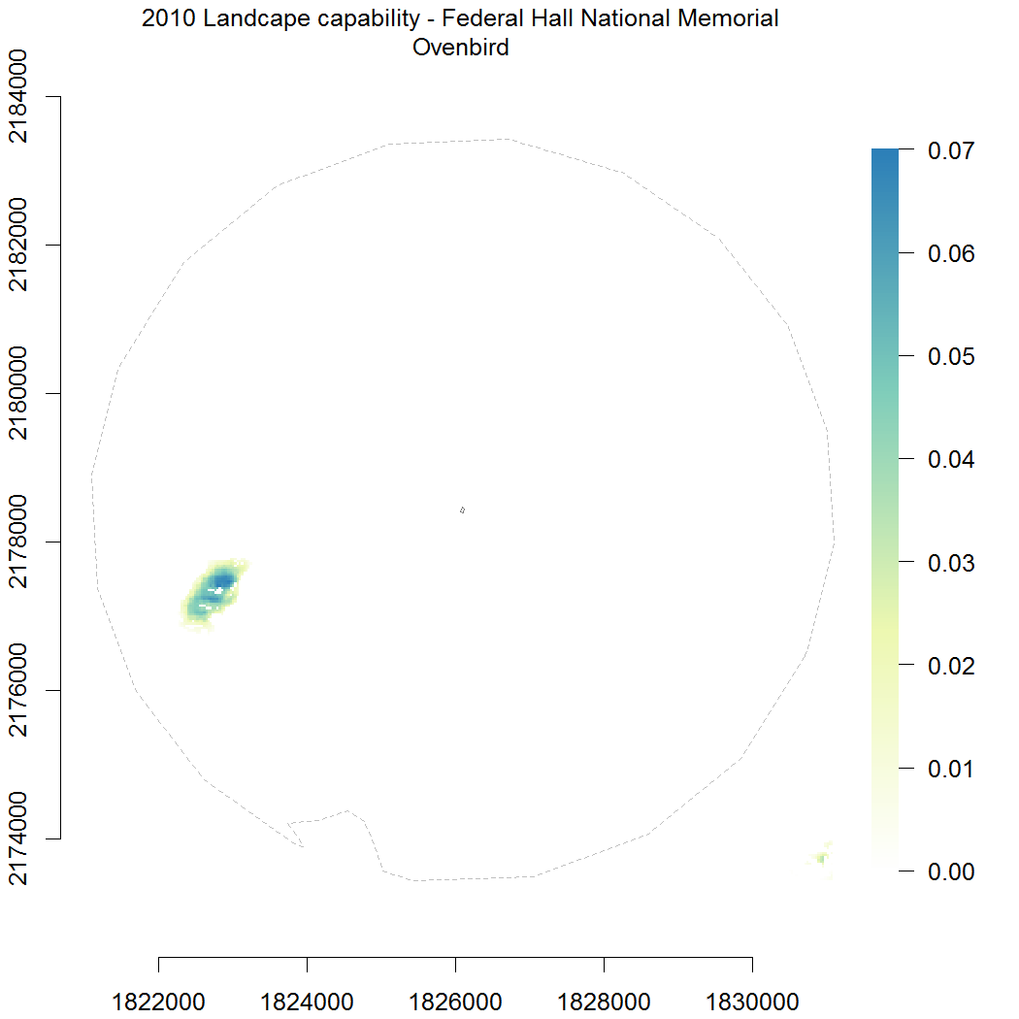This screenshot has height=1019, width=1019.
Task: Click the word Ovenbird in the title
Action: click(x=460, y=47)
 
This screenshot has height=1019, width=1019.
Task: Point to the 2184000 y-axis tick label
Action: click(x=21, y=97)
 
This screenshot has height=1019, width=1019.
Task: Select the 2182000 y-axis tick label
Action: click(x=21, y=246)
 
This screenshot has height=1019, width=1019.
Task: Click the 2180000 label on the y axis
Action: click(x=21, y=394)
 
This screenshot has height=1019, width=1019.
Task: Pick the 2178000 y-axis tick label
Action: click(x=21, y=542)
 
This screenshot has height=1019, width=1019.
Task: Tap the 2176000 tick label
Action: click(x=21, y=690)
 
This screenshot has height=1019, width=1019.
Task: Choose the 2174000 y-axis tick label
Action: click(x=21, y=838)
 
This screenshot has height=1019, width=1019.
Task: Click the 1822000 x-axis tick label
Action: click(x=158, y=1001)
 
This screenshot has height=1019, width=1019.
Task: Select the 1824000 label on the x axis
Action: click(x=307, y=1001)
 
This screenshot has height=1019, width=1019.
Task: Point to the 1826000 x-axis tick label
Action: click(x=455, y=1001)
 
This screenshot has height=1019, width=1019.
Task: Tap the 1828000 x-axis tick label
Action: click(x=604, y=1001)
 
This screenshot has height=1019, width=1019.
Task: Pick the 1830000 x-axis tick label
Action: click(x=752, y=1001)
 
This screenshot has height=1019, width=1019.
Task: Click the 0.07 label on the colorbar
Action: click(x=951, y=150)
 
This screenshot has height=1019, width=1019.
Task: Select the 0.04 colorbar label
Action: click(x=951, y=459)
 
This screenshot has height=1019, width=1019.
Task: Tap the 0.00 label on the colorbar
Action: click(x=951, y=871)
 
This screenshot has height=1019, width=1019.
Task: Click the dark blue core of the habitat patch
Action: click(x=223, y=581)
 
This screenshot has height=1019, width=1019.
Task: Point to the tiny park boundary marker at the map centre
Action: click(x=462, y=509)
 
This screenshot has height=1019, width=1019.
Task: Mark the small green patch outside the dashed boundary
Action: click(x=821, y=858)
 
